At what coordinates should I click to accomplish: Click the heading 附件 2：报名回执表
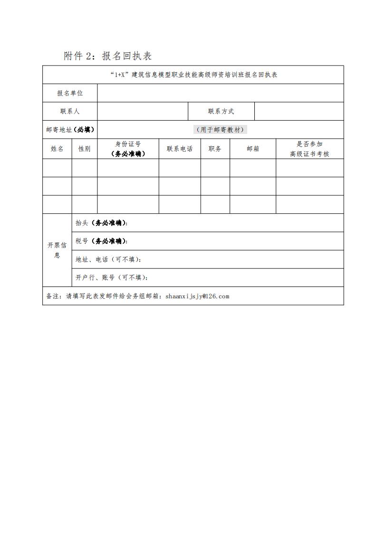pos(108,56)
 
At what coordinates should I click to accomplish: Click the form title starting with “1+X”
pos(193,75)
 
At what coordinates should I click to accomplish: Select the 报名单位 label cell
pos(70,93)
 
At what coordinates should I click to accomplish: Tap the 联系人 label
pos(70,111)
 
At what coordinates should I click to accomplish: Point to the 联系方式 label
pos(221,111)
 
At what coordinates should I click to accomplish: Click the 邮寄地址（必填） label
pos(70,130)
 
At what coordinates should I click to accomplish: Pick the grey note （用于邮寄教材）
pos(221,130)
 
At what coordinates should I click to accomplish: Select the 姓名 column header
pos(57,149)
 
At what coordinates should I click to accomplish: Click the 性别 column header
pos(85,149)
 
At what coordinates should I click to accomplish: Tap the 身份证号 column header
pos(128,149)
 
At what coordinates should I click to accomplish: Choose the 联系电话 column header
pos(180,149)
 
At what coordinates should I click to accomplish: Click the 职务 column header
pos(215,149)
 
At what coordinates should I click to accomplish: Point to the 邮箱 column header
pos(253,149)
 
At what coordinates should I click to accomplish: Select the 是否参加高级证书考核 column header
pos(309,149)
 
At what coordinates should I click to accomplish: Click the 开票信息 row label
pos(57,250)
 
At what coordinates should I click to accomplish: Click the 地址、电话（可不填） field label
pos(108,259)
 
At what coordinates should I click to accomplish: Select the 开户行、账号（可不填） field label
pos(112,277)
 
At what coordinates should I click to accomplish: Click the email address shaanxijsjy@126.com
pos(197,296)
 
